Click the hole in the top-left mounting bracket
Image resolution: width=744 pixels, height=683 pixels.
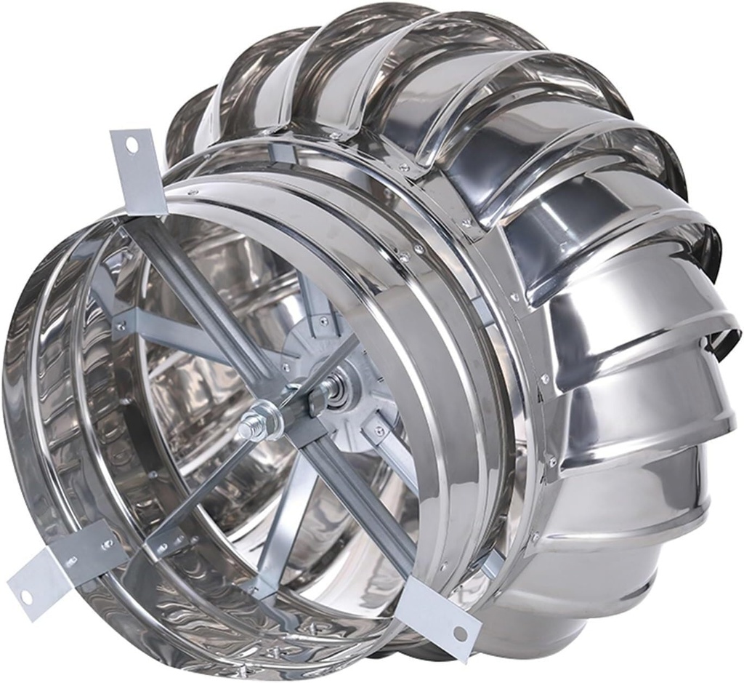point(132,145)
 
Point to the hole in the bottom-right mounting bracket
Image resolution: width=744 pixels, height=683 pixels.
point(459,633)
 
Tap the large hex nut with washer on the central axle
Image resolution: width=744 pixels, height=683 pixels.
point(267,420)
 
